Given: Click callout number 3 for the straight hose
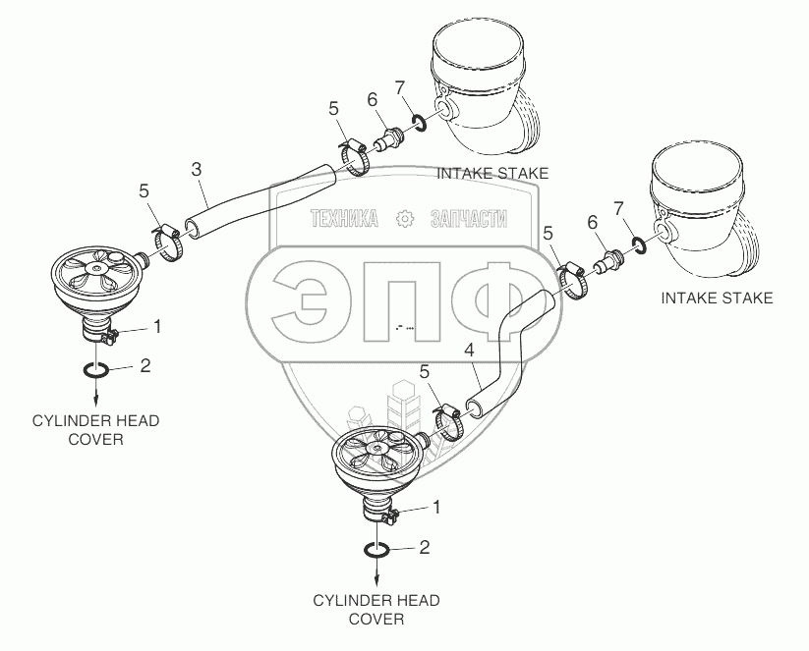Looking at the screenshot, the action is point(196,169).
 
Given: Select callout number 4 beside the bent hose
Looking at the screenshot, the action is point(469,350).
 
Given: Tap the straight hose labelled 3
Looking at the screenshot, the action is point(260,201).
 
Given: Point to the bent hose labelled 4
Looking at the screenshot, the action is point(508,351).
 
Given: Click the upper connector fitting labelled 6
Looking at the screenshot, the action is point(387,138).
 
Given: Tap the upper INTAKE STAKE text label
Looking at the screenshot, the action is point(492,173).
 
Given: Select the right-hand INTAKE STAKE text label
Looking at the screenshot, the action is point(718,298).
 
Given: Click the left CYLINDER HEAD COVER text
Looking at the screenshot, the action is point(96,430).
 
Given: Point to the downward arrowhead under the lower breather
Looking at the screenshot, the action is point(377,581).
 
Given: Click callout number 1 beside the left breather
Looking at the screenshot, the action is point(157,326).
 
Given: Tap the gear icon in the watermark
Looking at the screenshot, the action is point(405,219).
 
